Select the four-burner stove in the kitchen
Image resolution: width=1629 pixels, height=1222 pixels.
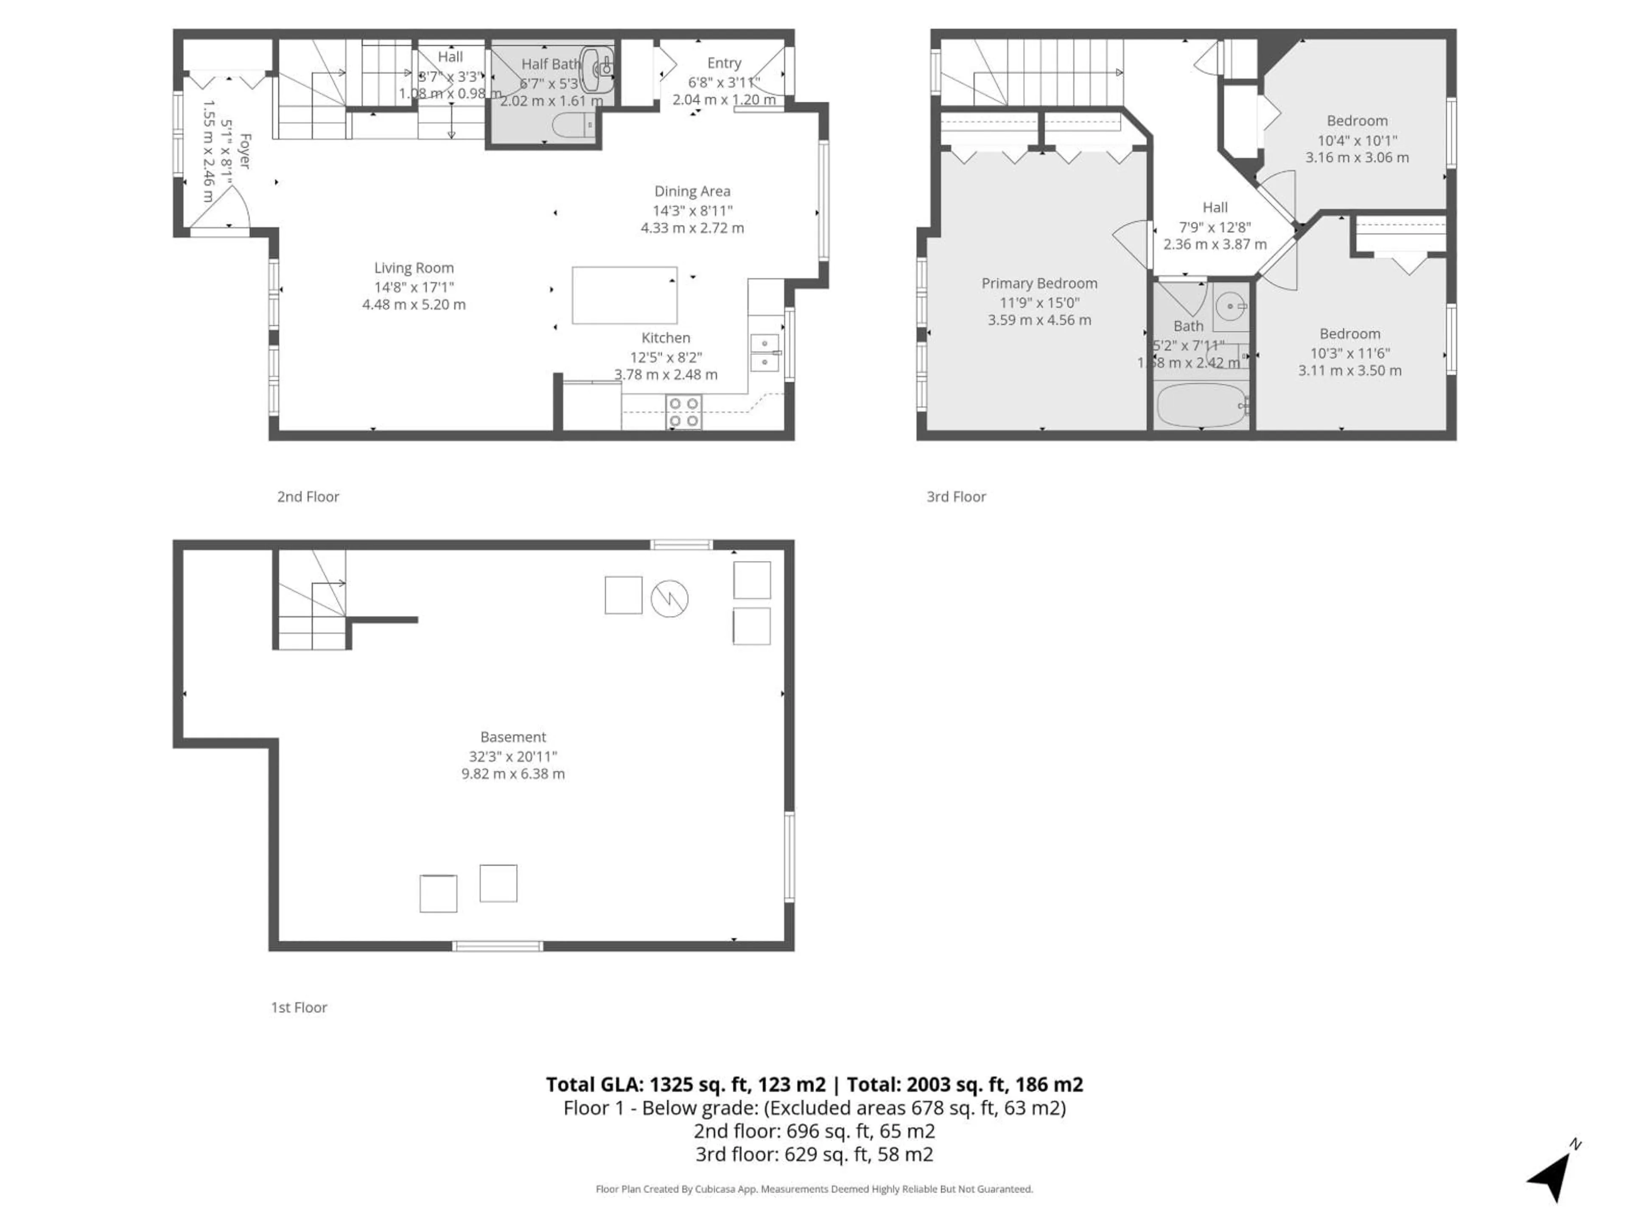683,412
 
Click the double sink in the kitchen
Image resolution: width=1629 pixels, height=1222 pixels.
764,353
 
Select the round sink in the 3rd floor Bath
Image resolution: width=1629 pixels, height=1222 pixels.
1230,305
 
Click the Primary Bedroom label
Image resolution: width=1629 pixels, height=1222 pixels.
1039,283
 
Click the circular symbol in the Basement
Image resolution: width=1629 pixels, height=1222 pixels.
669,598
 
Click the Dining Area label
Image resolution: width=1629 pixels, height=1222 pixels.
692,191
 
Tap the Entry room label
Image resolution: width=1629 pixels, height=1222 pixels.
724,63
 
